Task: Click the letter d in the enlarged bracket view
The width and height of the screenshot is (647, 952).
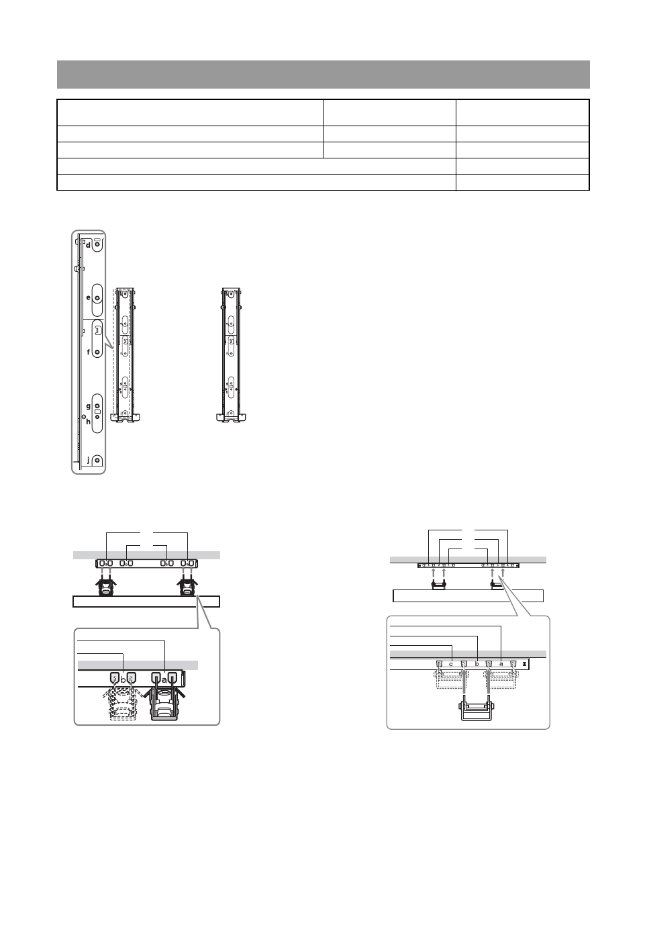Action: point(88,245)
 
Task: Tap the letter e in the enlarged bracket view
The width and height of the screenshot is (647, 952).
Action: point(89,297)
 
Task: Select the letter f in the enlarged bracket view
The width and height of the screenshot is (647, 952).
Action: point(89,352)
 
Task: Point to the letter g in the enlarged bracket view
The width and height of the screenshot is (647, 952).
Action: point(89,407)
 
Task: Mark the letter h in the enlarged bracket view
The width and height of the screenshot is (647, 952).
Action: point(89,422)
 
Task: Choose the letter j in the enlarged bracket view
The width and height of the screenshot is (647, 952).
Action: point(89,460)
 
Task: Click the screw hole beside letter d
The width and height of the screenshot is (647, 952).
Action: point(97,245)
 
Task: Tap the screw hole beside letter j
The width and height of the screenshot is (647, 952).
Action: point(97,461)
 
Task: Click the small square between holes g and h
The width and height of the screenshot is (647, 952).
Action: point(97,412)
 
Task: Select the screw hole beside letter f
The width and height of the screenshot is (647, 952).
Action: point(97,352)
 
